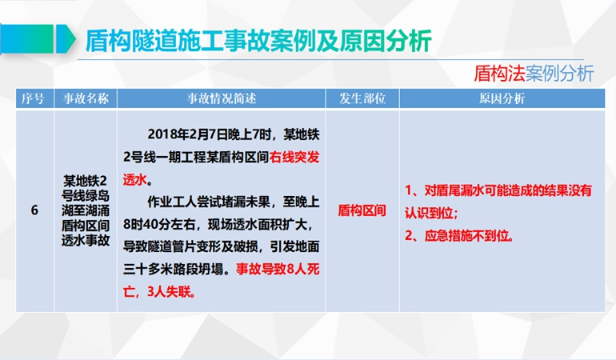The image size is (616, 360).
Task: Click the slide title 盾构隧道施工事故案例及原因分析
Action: point(258,41)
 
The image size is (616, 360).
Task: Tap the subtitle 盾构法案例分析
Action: point(534,74)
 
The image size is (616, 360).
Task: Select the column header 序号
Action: point(33,98)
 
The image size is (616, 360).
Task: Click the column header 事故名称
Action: point(86,98)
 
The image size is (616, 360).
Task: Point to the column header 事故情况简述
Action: point(221,98)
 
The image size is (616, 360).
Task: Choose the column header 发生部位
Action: point(362,98)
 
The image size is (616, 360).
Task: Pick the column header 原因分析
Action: point(502,98)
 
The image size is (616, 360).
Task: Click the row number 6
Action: point(34,210)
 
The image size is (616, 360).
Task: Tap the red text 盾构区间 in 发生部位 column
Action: point(362,210)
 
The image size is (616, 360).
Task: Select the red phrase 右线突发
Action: point(294,158)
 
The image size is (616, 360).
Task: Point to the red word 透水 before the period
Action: point(134,180)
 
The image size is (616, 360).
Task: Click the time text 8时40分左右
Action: point(159,225)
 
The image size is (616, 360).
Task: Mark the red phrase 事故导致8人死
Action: point(278,270)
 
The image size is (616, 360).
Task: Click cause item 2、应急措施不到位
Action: point(459,236)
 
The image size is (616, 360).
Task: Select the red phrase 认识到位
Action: point(429,213)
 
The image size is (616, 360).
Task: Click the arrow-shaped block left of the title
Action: point(66,39)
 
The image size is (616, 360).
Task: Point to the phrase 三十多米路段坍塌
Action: point(174,270)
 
